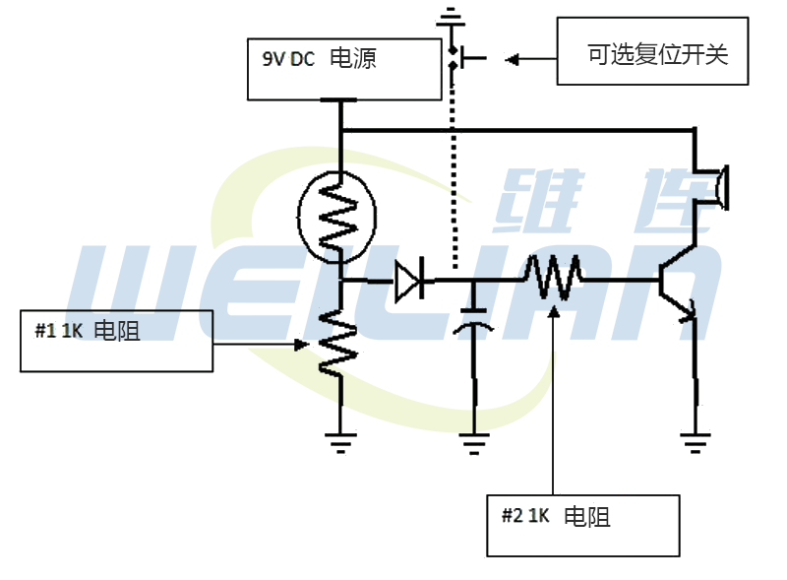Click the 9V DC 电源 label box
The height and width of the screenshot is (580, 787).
(x=343, y=68)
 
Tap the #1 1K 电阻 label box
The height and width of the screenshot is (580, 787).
(x=116, y=340)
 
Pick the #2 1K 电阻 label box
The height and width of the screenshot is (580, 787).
(x=583, y=525)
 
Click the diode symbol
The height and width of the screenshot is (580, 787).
(x=411, y=281)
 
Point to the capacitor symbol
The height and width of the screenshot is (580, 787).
(x=474, y=323)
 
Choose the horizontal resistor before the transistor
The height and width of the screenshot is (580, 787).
(x=553, y=279)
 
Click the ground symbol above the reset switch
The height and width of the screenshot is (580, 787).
(x=451, y=17)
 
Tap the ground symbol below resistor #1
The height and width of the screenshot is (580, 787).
(x=340, y=441)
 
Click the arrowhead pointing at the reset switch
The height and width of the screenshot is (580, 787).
(x=512, y=59)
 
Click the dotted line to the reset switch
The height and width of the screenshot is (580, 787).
(x=454, y=177)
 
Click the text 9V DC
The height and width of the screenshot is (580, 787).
(x=287, y=59)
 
